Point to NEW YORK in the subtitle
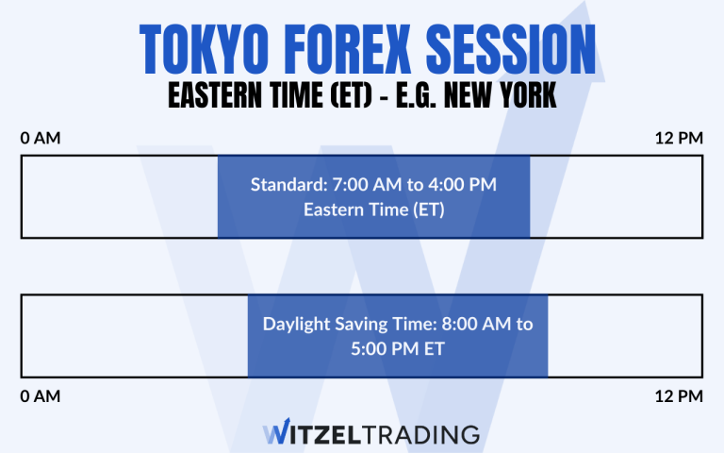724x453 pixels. pos(498,95)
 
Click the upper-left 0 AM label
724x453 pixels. pos(41,139)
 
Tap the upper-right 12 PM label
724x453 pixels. pos(679,139)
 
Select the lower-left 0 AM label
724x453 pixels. pos(41,396)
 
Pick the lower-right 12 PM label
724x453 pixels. pos(679,396)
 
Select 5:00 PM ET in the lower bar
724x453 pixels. pos(398,348)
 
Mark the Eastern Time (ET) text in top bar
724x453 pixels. pos(373,210)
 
